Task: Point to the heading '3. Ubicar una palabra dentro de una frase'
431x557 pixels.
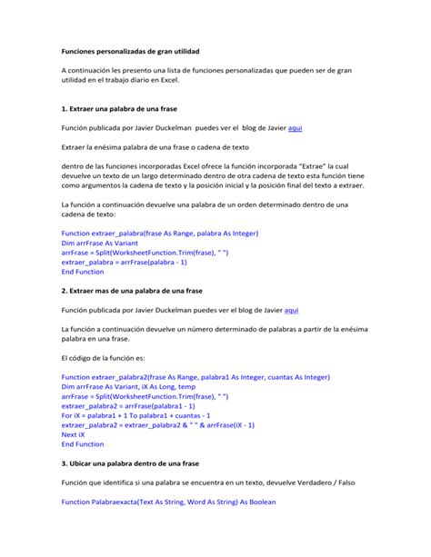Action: (x=130, y=463)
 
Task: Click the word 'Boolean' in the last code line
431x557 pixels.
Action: (x=256, y=502)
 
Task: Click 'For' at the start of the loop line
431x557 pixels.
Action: (x=67, y=414)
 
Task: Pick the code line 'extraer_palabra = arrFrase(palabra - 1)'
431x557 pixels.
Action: (x=124, y=261)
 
